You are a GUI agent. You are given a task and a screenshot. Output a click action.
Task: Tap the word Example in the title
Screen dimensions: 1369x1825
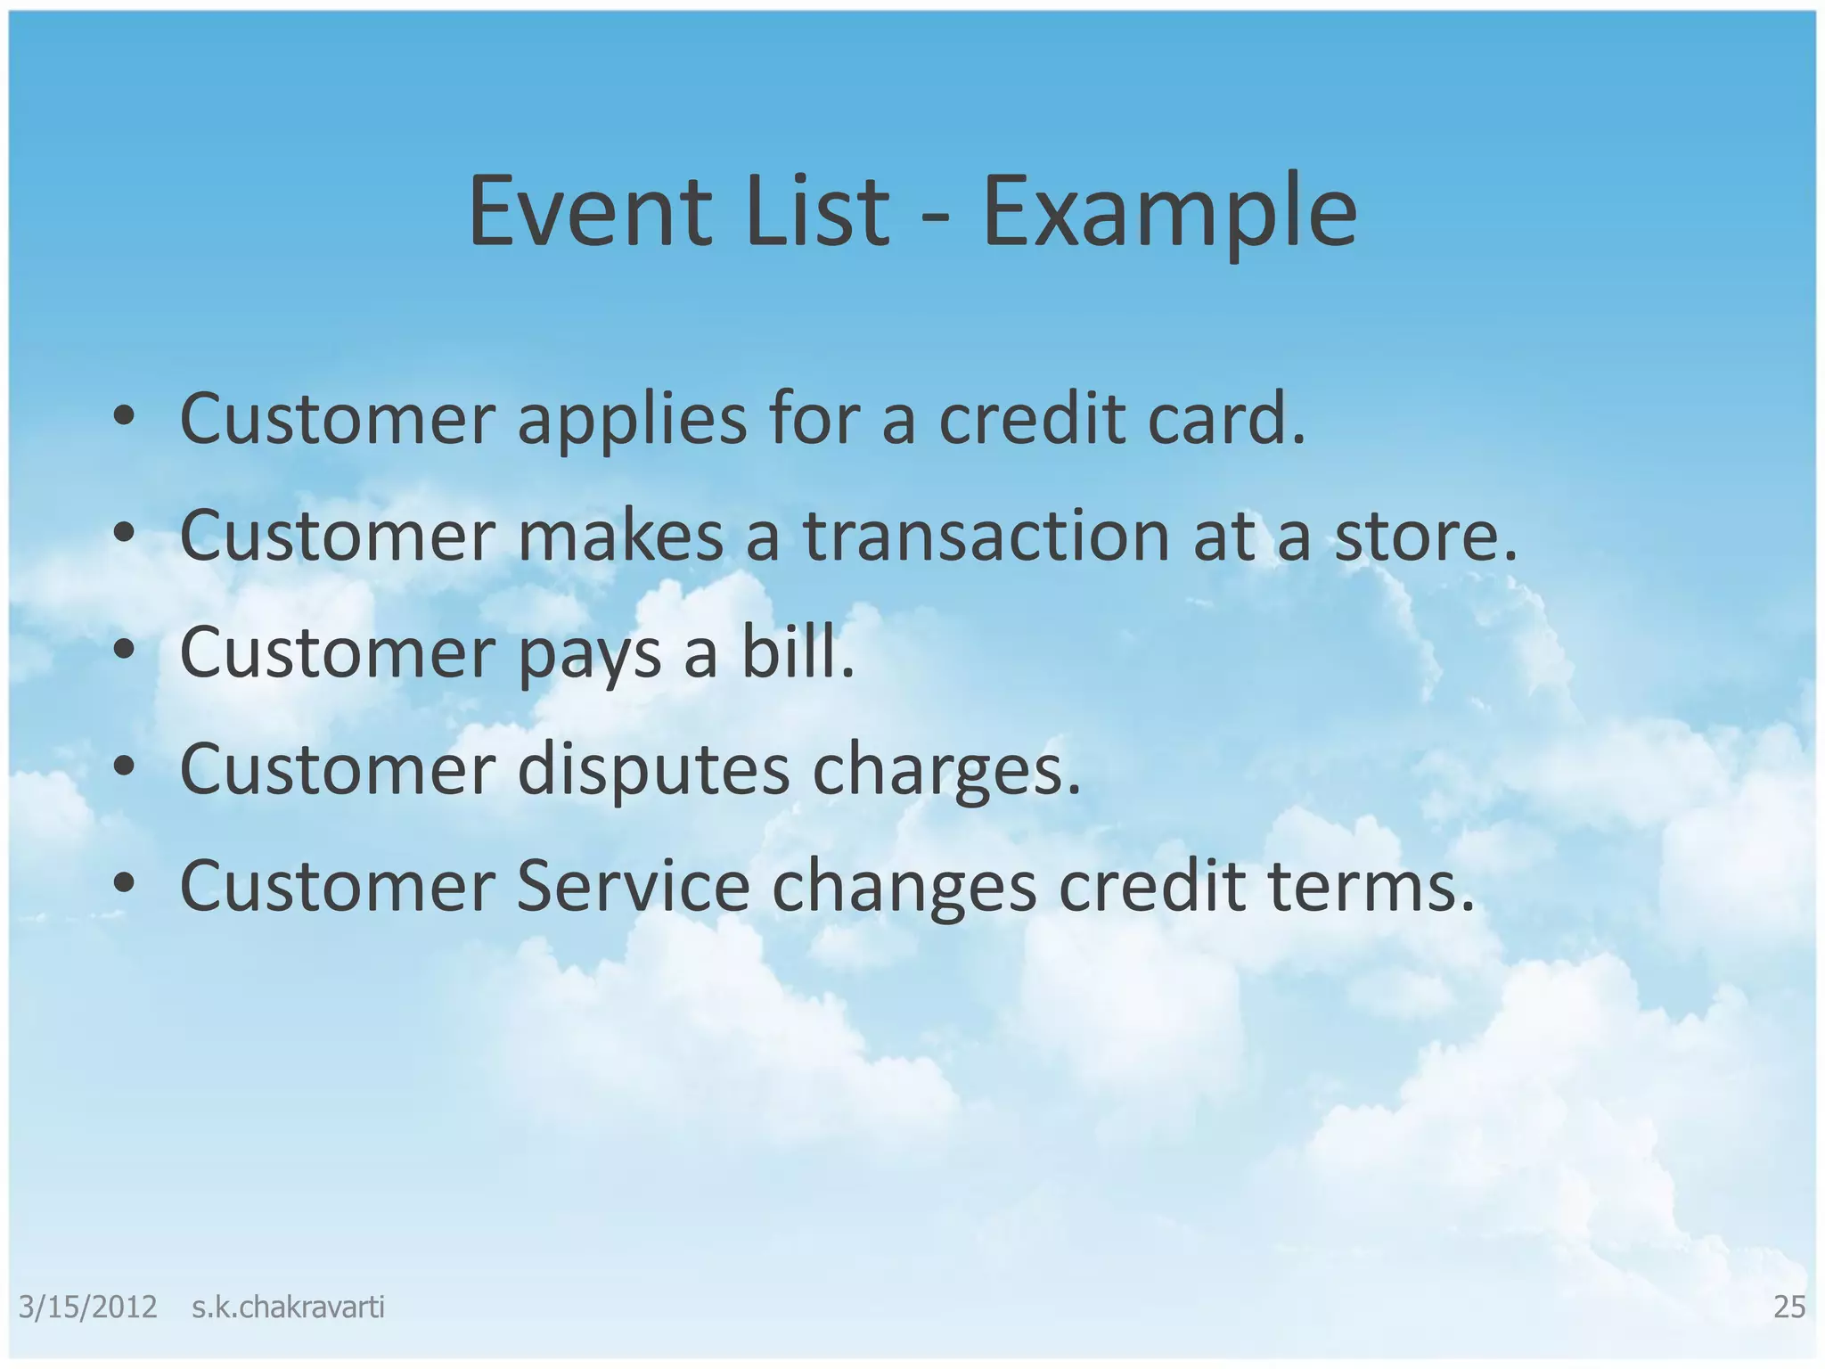coord(1169,214)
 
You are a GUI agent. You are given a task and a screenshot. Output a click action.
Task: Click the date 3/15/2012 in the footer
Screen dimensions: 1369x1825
coord(87,1307)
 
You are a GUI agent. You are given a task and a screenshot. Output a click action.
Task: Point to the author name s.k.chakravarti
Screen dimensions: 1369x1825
coord(288,1307)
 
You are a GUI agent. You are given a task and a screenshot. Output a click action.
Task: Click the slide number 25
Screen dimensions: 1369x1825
coord(1789,1307)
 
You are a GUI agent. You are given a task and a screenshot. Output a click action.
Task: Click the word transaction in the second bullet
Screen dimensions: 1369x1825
coord(986,537)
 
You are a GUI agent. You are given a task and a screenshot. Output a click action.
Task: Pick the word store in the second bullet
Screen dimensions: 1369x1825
coord(1424,537)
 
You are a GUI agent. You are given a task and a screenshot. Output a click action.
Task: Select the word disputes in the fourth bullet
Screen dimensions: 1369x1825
coord(653,771)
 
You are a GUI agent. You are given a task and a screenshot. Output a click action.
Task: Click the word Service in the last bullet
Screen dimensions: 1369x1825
coord(633,887)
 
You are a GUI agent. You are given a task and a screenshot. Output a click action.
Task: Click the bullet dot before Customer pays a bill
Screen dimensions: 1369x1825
coord(125,650)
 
